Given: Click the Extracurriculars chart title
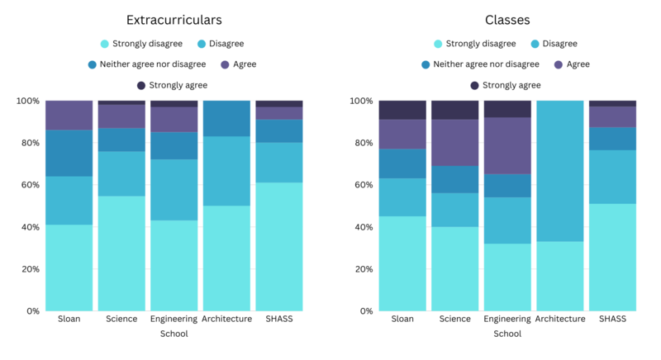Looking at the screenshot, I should pos(174,19).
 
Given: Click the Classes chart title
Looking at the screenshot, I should pos(506,19).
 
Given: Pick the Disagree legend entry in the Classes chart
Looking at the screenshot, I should pos(559,44).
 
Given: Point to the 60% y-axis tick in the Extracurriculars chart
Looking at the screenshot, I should pos(28,185).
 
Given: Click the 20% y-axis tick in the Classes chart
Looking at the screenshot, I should pos(363,269).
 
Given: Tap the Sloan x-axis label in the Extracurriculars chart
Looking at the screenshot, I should pos(69,319).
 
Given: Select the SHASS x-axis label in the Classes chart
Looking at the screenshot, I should pos(612,319).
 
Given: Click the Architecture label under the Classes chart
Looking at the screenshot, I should pos(560,319).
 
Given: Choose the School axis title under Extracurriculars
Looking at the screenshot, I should pos(174,334).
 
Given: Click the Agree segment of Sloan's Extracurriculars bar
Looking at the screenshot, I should pos(69,116).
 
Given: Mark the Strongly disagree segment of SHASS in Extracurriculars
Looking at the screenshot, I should pos(278,247).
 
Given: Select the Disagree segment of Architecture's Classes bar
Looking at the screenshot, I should pos(560,171).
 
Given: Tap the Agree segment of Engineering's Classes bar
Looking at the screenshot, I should pos(507,145).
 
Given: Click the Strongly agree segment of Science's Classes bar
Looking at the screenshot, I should pos(454,110).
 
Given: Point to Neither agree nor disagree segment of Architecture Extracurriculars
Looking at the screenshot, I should pos(226,118).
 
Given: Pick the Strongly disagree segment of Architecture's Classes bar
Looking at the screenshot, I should pos(560,276).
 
